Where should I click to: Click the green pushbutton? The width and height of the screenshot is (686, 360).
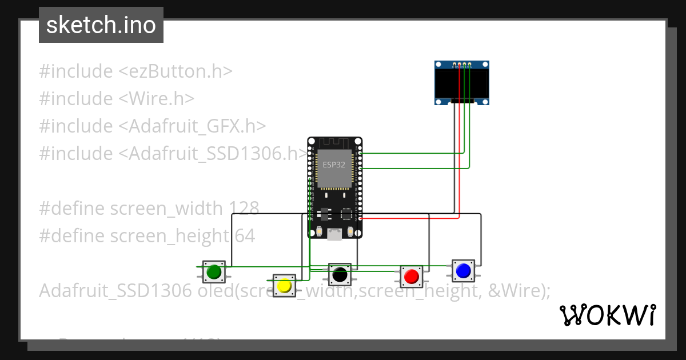coord(214,272)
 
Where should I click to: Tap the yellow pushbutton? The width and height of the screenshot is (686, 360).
coord(284,285)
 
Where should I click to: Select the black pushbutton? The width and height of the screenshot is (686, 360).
coord(340,274)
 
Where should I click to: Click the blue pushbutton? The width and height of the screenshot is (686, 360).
coord(463,270)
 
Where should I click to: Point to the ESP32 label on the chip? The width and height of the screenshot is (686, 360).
coord(334,165)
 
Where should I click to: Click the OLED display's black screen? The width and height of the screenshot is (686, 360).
coord(462,84)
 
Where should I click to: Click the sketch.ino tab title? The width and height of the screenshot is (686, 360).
coord(101,25)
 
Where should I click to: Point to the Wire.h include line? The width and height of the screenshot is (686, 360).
coord(117,99)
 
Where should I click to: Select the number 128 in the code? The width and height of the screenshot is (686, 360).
coord(244,208)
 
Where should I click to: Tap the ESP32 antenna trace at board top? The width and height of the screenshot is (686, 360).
coord(334,142)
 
